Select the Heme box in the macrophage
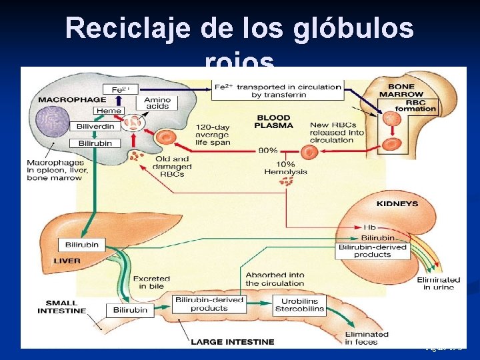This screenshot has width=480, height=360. [109, 111]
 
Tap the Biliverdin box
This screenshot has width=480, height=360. [95, 126]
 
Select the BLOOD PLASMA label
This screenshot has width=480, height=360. [273, 122]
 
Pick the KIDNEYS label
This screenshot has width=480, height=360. [397, 203]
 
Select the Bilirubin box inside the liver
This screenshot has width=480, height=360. [82, 245]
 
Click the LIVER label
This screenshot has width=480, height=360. [69, 261]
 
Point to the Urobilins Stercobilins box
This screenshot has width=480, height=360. [299, 305]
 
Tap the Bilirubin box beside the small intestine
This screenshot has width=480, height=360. [130, 310]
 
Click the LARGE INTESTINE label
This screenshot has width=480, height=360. [233, 342]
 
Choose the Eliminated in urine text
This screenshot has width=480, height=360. [438, 283]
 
